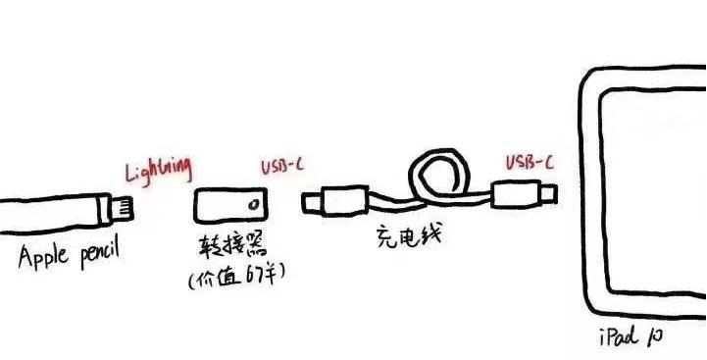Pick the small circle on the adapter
pos(255,207)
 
